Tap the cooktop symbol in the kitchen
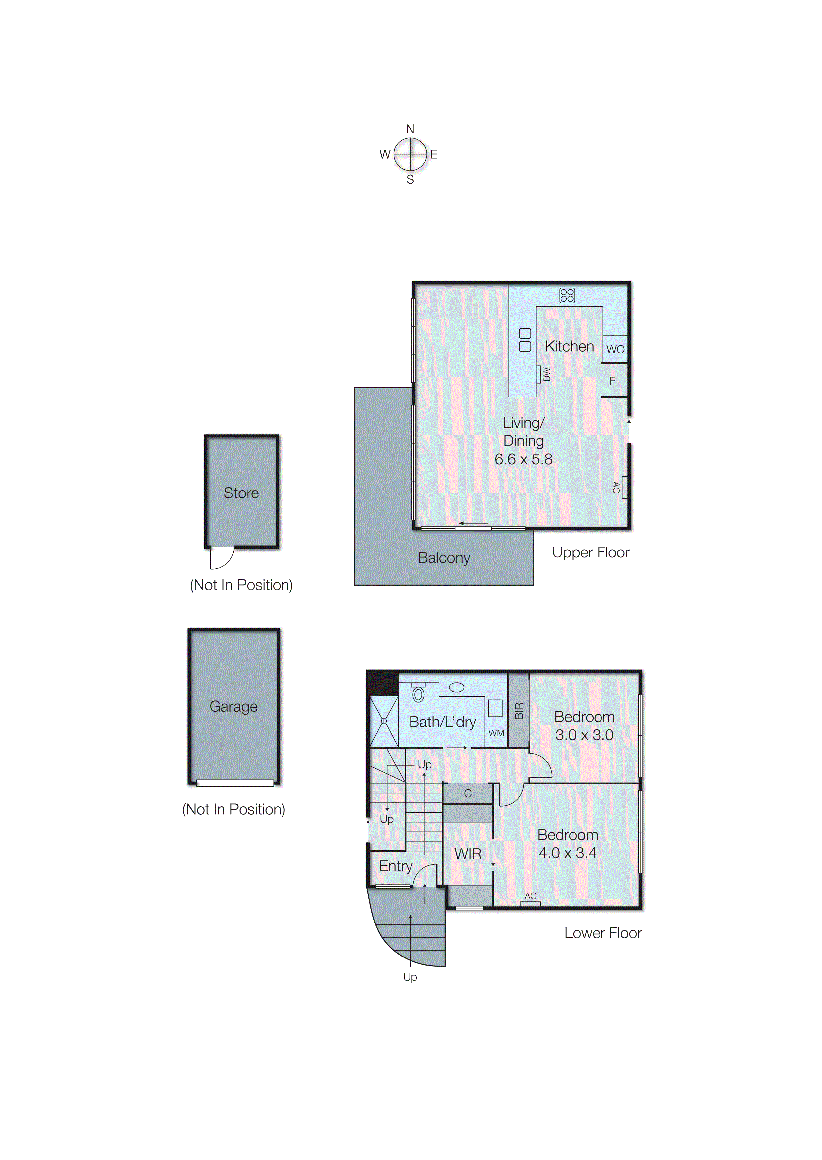click(x=567, y=295)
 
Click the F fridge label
click(x=612, y=381)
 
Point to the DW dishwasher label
click(x=546, y=375)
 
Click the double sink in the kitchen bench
click(x=525, y=340)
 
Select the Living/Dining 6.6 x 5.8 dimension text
click(x=523, y=459)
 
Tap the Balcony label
click(x=444, y=558)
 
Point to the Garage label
click(x=233, y=706)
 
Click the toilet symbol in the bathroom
click(x=418, y=694)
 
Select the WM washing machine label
click(x=496, y=733)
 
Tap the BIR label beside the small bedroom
click(x=519, y=711)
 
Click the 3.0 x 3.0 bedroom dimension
click(x=584, y=735)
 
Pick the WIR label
click(x=468, y=854)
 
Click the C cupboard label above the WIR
click(x=468, y=794)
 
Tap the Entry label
click(x=396, y=866)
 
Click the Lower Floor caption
click(x=603, y=933)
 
